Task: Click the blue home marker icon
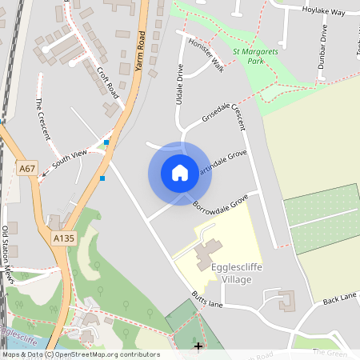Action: point(180,173)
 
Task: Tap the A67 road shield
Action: point(27,168)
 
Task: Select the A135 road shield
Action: point(63,238)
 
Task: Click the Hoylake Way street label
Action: point(323,11)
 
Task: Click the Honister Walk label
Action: point(206,55)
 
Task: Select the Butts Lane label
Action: point(207,301)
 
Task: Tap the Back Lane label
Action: point(339,299)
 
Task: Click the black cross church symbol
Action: point(198,346)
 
